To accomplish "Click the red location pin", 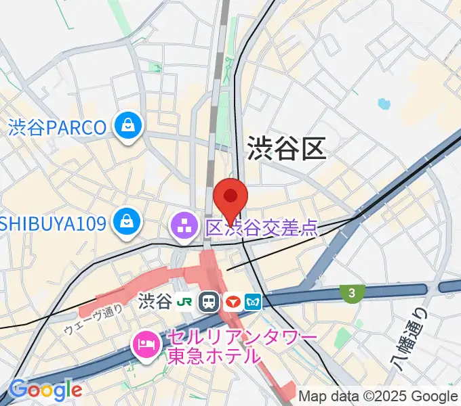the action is coord(230,198).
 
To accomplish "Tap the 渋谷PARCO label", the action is coord(58,127).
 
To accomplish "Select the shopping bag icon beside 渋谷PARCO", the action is coord(127,127).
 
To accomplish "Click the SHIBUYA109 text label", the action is coord(53,222).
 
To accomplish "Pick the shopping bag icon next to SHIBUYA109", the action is coord(125,222).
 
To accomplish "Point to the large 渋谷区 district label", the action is coord(287,148).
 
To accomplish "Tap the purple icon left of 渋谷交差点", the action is coord(184,226).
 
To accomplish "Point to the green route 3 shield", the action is coord(352,293).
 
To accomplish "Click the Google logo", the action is coord(45,390).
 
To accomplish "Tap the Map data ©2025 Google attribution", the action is coord(378,395).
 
